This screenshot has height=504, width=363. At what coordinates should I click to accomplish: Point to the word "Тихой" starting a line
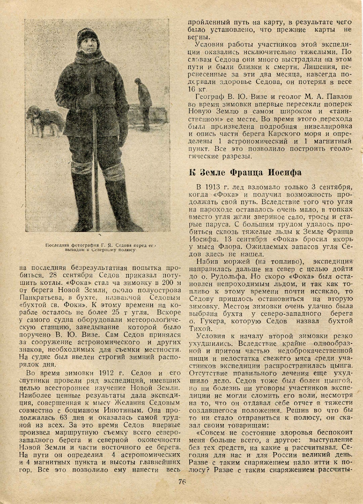(200, 328)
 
